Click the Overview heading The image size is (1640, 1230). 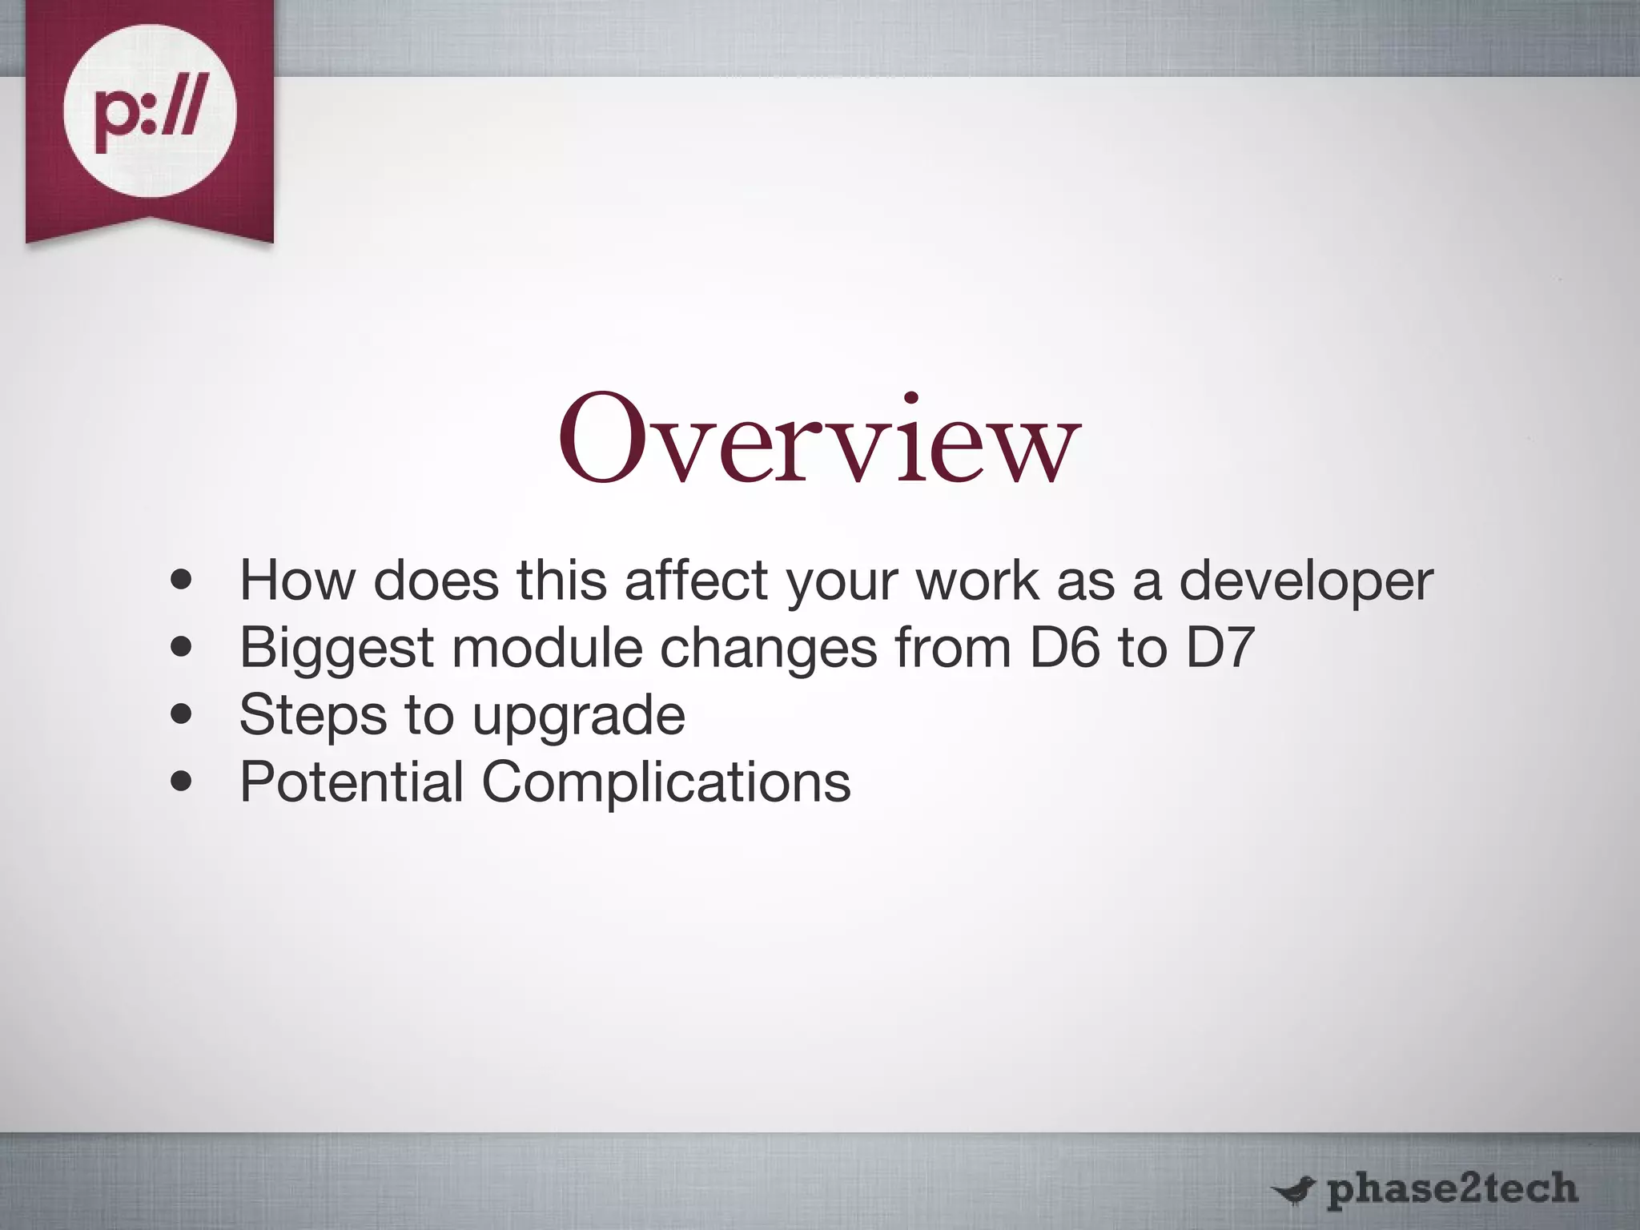click(x=819, y=440)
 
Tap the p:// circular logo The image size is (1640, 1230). click(x=150, y=111)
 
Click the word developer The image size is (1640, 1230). click(x=1305, y=581)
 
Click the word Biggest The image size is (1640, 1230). click(x=336, y=649)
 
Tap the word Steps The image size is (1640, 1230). click(x=313, y=715)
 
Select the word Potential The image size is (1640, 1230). click(x=352, y=782)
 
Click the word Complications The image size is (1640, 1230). click(x=665, y=783)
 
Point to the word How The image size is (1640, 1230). click(x=297, y=581)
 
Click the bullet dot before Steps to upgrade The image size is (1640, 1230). click(x=182, y=714)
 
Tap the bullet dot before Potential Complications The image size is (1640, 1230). click(x=182, y=782)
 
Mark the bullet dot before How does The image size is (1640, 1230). click(x=182, y=581)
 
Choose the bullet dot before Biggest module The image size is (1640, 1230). click(x=182, y=647)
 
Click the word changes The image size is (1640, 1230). click(x=768, y=649)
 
